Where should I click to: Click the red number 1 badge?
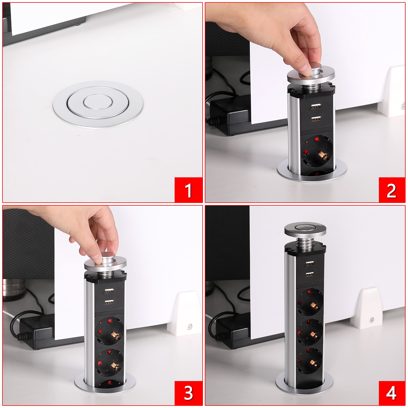pyautogui.click(x=188, y=190)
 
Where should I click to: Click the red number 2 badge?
pyautogui.click(x=391, y=190)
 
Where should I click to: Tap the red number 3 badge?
pyautogui.click(x=188, y=392)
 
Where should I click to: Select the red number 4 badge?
pyautogui.click(x=391, y=392)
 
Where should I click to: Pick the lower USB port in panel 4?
pyautogui.click(x=310, y=274)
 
